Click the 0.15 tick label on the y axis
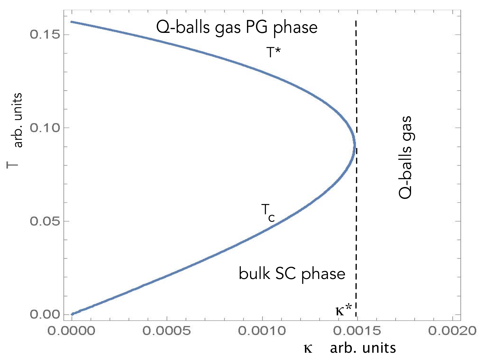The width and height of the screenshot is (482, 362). [44, 34]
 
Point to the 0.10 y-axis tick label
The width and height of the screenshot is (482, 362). [44, 128]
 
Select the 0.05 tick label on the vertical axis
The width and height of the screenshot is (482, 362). [44, 221]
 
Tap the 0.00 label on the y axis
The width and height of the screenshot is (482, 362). [44, 314]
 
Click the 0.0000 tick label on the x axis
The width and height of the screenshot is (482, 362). [71, 331]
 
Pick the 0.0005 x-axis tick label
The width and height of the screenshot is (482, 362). [166, 331]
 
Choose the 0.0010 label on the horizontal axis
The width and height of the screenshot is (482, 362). [262, 331]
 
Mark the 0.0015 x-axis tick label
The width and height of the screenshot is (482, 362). [357, 331]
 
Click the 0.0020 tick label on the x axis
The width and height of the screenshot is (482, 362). [452, 331]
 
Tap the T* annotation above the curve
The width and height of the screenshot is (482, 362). [273, 52]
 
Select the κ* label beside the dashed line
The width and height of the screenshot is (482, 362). [344, 310]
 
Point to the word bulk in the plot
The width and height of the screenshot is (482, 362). [254, 273]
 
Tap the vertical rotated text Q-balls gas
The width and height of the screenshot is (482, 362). [406, 157]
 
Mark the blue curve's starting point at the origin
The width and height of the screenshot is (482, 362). [72, 314]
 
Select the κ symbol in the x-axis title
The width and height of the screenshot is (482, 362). [308, 348]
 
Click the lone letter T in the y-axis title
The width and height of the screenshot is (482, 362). [12, 165]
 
